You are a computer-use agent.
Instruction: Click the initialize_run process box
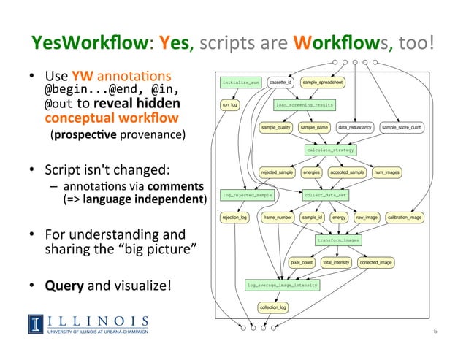240,83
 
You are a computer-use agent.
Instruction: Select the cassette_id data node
280,83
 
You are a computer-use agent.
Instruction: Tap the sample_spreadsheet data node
323,83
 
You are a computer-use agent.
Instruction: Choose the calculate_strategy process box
329,150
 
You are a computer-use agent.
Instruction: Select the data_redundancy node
355,128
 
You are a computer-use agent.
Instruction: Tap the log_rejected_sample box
247,195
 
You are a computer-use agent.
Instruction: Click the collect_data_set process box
325,195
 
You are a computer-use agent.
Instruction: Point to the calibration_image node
404,217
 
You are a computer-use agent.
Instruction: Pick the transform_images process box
337,240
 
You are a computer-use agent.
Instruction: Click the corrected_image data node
377,261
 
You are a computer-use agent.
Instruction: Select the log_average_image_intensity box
282,285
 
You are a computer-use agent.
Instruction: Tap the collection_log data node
272,307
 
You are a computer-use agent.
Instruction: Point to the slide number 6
435,331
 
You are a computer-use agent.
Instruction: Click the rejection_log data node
235,217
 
